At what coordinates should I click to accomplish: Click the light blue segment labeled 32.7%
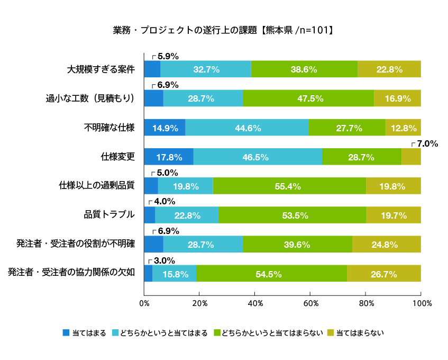point(206,69)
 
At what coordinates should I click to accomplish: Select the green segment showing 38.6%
point(304,69)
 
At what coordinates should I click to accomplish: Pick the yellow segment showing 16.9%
point(397,98)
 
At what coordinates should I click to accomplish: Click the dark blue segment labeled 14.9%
point(165,128)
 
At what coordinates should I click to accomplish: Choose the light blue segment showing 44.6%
point(247,128)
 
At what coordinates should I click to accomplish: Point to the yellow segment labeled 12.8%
point(403,128)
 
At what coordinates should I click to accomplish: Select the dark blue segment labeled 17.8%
point(169,157)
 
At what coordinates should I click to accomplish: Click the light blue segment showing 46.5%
point(258,157)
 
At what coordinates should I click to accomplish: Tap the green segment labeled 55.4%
point(289,186)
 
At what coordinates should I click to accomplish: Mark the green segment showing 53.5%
point(292,215)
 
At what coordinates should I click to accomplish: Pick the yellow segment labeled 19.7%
point(394,215)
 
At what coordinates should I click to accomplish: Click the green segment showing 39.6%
point(297,244)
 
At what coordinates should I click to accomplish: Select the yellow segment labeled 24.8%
point(387,244)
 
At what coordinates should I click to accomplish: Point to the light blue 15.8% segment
point(175,273)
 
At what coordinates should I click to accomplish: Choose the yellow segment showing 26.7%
point(384,273)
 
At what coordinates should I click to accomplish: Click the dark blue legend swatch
point(66,332)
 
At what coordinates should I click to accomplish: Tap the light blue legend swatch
point(115,332)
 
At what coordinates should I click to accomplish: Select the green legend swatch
point(217,332)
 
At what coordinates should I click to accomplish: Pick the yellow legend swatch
point(331,332)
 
